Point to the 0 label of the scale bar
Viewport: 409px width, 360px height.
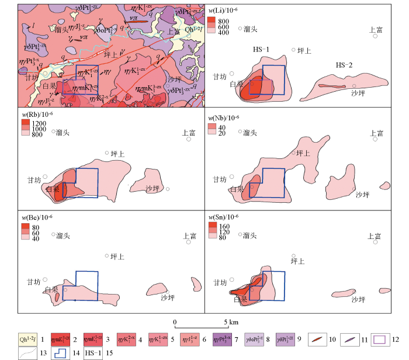tap(175, 322)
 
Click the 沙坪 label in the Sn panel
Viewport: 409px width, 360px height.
tap(359, 299)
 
